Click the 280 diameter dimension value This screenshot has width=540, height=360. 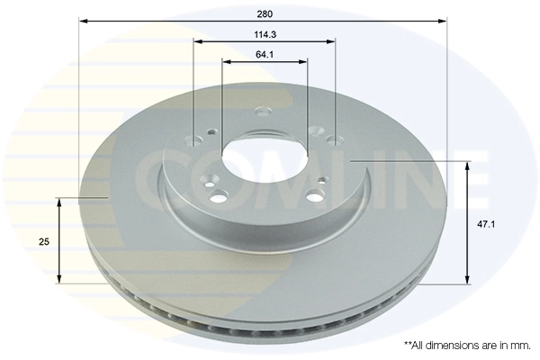pyautogui.click(x=264, y=13)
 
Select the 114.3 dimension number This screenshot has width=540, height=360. pyautogui.click(x=264, y=35)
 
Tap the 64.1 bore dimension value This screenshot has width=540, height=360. pyautogui.click(x=264, y=55)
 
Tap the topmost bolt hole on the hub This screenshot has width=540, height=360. pyautogui.click(x=263, y=113)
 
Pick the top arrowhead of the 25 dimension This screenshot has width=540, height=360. pyautogui.click(x=60, y=202)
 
